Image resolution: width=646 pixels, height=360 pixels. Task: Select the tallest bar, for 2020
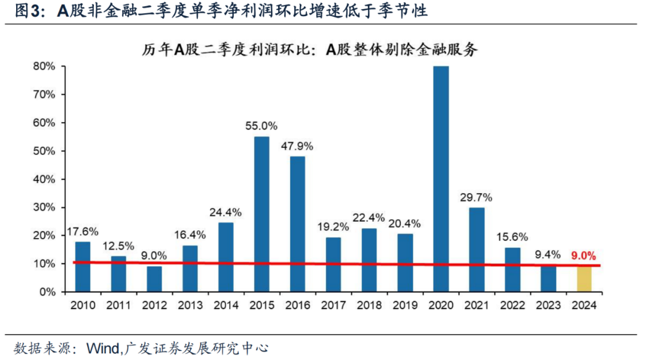click(441, 179)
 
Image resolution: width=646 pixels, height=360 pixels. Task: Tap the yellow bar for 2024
click(584, 279)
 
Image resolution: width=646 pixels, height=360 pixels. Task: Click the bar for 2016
click(297, 224)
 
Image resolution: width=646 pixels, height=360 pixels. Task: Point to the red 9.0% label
click(584, 255)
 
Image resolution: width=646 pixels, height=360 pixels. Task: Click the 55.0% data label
click(261, 126)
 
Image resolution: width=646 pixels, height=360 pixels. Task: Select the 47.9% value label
click(297, 146)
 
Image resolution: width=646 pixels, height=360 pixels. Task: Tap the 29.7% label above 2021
click(476, 197)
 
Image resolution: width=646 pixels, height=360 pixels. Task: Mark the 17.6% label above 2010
click(83, 231)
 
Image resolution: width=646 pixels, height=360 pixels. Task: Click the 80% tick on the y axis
click(44, 66)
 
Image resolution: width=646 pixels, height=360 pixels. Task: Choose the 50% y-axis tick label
click(44, 151)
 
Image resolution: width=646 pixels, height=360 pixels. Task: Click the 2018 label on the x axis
click(369, 305)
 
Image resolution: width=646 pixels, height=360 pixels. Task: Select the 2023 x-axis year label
click(548, 305)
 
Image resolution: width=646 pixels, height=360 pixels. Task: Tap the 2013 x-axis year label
click(190, 305)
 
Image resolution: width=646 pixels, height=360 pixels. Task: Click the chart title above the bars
click(311, 50)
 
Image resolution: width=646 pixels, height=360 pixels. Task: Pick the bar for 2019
click(405, 263)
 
